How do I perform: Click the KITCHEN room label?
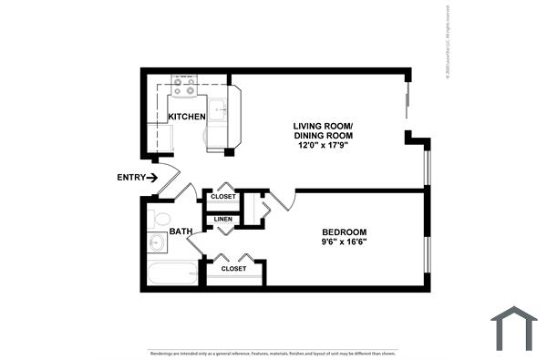pos(187,116)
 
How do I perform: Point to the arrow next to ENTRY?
pos(152,177)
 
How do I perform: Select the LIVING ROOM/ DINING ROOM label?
pos(323,130)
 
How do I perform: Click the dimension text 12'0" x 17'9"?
pos(323,145)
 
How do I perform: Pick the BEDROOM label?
pos(344,232)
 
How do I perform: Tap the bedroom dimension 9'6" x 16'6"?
pos(344,243)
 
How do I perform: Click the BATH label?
pos(181,231)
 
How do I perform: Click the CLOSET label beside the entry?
pos(223,197)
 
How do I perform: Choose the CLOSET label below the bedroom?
pos(234,269)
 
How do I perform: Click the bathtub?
pos(174,274)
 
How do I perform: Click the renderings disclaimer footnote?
pos(273,353)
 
